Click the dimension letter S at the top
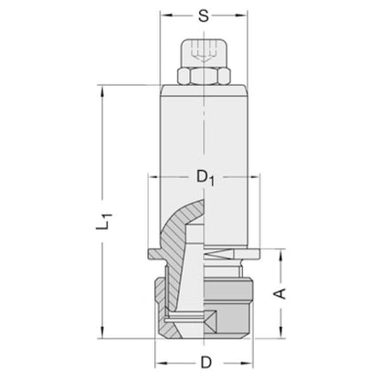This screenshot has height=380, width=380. coord(204,16)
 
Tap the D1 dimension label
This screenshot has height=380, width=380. coord(206,177)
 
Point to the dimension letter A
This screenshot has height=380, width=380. coord(280,293)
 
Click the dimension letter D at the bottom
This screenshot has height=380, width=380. coord(206,363)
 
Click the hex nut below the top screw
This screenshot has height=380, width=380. coord(203,76)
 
